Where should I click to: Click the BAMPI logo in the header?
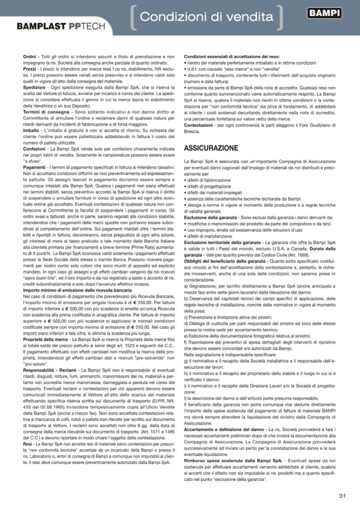coord(324,14)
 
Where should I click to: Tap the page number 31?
coord(342,496)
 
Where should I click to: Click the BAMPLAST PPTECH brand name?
coord(61,26)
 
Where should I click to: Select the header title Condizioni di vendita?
coord(207,17)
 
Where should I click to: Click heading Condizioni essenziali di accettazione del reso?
coord(232,56)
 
